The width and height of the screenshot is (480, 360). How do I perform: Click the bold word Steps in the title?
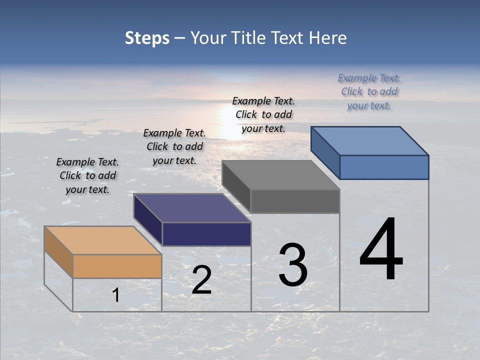(147, 38)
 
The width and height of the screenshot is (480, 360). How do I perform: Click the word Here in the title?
(328, 38)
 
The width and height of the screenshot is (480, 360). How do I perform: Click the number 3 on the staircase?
(292, 265)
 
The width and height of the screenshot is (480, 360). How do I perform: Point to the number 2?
(201, 280)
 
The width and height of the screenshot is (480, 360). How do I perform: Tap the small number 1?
(116, 295)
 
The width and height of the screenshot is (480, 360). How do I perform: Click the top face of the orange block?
(102, 240)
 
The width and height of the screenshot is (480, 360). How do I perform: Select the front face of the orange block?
(117, 266)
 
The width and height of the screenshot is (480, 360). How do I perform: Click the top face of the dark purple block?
(192, 208)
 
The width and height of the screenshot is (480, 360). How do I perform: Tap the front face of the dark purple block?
(206, 234)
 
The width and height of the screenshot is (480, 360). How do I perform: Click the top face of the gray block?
(281, 175)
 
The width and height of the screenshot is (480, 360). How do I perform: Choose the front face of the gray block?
(295, 201)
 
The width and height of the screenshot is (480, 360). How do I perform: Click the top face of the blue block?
(370, 140)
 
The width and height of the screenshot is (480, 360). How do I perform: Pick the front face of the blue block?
(384, 167)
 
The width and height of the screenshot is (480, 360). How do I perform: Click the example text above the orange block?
(87, 175)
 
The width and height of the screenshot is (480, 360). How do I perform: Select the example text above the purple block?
(174, 146)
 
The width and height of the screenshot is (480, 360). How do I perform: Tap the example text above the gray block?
(263, 114)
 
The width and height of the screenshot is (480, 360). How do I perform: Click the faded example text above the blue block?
(369, 91)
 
